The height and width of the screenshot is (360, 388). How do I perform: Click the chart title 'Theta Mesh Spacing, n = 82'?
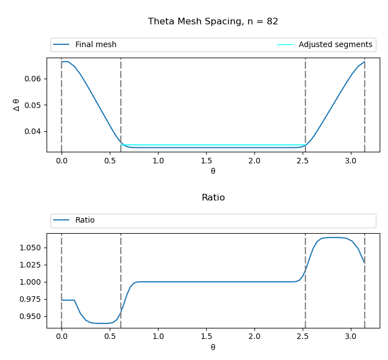coord(213,22)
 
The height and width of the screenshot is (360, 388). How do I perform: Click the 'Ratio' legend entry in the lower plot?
coord(85,220)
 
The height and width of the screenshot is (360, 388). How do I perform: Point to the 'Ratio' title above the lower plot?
coord(213,198)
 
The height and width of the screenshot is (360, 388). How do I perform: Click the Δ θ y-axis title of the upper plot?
coord(16,105)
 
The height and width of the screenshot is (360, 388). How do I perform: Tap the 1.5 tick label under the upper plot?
coord(206,161)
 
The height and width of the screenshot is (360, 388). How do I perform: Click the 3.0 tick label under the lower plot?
coord(351,337)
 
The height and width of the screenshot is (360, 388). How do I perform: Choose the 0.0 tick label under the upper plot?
coord(62,161)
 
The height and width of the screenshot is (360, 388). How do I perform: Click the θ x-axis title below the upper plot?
coord(213,172)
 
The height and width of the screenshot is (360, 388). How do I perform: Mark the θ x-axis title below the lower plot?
coord(213,348)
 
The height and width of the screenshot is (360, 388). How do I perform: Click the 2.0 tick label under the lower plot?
coord(254,337)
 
